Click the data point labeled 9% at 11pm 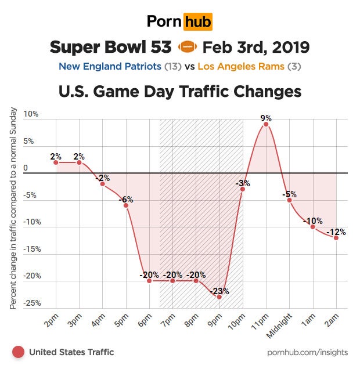(266, 124)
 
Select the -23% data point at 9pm (219, 296)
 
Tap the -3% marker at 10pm (243, 189)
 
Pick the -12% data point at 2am (336, 237)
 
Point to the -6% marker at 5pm (126, 205)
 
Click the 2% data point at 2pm (56, 162)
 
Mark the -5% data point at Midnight (289, 200)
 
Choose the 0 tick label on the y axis (26, 168)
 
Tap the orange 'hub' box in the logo (197, 22)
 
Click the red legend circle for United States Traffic (18, 352)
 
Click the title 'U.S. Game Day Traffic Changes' (179, 92)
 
